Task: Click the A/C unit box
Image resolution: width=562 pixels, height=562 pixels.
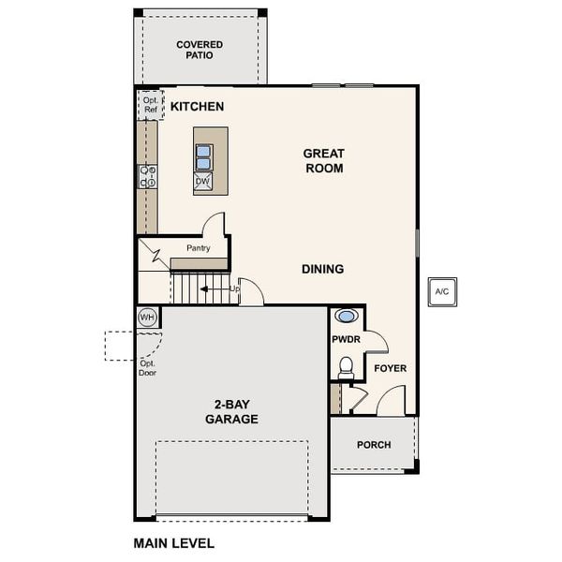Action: [x=441, y=291]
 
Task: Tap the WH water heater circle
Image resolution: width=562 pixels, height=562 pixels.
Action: [x=147, y=317]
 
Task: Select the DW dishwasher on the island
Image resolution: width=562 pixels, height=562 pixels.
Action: [x=203, y=182]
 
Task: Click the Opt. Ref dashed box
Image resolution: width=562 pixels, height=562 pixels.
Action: [x=150, y=104]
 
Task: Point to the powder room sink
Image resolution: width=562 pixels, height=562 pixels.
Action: [x=346, y=317]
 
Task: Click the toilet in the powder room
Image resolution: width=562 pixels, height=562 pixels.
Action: [x=346, y=365]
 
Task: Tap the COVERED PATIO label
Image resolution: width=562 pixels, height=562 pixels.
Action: [x=200, y=50]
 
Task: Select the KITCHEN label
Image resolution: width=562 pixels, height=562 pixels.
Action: [x=197, y=107]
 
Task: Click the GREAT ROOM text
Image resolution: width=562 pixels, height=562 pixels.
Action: [x=323, y=161]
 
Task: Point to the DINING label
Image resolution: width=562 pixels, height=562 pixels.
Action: [x=322, y=269]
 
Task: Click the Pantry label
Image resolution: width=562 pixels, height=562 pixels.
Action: [x=198, y=248]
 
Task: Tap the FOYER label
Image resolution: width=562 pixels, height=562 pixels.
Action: [x=391, y=368]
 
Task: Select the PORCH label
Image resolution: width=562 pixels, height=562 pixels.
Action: [x=374, y=445]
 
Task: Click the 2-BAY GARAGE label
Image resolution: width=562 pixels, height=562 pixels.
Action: [x=231, y=412]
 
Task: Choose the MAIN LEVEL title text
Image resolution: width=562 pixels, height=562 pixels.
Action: [x=174, y=542]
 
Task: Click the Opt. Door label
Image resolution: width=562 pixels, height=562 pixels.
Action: [x=147, y=367]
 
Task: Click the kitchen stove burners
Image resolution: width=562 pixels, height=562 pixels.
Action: [x=147, y=176]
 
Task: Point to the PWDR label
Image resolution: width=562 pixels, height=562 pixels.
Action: [x=346, y=339]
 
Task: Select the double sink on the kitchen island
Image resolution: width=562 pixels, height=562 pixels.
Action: [x=203, y=156]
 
